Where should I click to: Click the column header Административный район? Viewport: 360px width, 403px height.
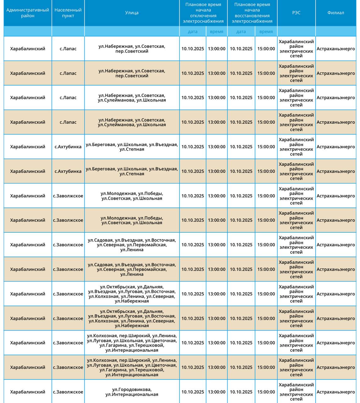tap(28, 13)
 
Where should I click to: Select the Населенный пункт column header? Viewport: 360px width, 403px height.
tap(68, 13)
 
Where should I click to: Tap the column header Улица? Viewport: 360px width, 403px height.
tap(132, 13)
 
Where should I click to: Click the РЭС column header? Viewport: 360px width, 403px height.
tap(296, 13)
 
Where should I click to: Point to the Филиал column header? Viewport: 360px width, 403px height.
tap(335, 13)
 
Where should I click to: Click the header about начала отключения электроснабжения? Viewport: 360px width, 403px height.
tap(203, 13)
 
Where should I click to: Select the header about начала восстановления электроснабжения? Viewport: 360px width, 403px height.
tap(252, 13)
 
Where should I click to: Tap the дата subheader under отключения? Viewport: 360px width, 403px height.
tap(193, 31)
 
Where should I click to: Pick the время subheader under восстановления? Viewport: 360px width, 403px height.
tap(266, 31)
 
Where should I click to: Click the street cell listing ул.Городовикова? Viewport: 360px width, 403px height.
tap(132, 392)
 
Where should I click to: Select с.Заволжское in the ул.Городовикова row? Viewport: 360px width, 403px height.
tap(68, 392)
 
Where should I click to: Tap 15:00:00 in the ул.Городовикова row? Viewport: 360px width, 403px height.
tap(266, 392)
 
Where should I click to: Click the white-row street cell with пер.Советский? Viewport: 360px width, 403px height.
tap(132, 49)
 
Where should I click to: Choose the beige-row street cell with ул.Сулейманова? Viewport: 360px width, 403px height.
tap(132, 122)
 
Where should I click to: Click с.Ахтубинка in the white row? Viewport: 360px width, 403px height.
tap(68, 147)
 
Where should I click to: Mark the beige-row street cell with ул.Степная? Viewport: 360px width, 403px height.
tap(132, 171)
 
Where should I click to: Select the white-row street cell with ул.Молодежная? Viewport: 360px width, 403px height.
tap(132, 196)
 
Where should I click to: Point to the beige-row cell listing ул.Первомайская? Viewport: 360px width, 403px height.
tap(132, 270)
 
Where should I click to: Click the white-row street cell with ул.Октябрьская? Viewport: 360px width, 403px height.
tap(132, 294)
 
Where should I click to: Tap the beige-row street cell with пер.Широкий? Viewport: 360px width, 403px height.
tap(132, 367)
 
